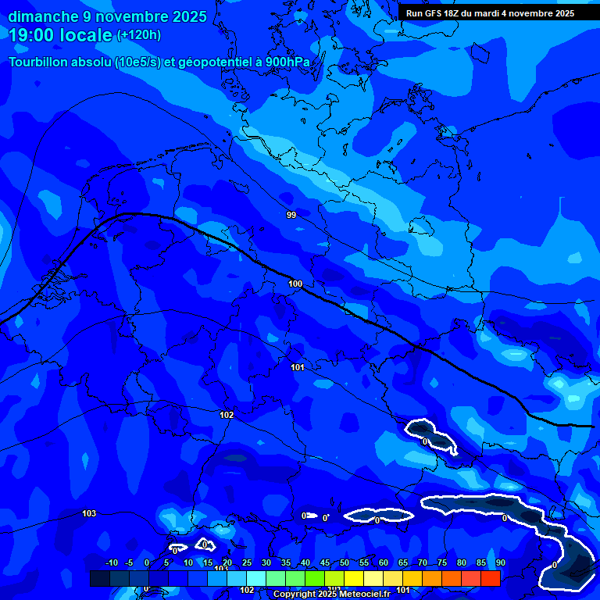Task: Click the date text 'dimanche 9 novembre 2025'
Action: [x=108, y=16]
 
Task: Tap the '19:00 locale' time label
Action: [x=61, y=35]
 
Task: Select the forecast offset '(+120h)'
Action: [x=139, y=35]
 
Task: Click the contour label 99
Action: [x=291, y=215]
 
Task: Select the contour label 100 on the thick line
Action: [x=295, y=284]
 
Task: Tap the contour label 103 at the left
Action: [x=89, y=513]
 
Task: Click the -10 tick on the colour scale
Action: [x=111, y=563]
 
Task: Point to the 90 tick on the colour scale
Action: [x=500, y=563]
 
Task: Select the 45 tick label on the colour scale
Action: [x=325, y=563]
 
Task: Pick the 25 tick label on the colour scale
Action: [x=247, y=563]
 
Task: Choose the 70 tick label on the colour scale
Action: [x=423, y=563]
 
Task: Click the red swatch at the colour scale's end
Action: [x=491, y=578]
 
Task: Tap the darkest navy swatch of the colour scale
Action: [x=100, y=578]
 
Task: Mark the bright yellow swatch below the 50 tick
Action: [x=354, y=578]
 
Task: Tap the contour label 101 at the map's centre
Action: [x=298, y=367]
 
